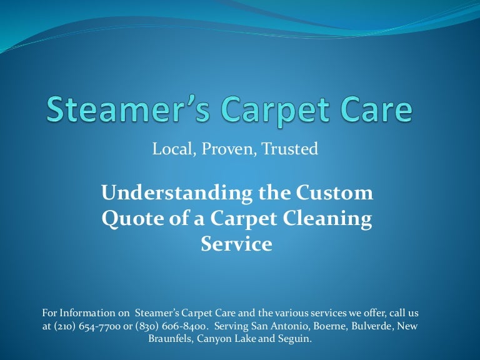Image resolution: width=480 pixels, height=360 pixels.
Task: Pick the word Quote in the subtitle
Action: coord(127,218)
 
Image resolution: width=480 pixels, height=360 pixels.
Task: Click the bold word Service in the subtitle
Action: coord(236,243)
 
